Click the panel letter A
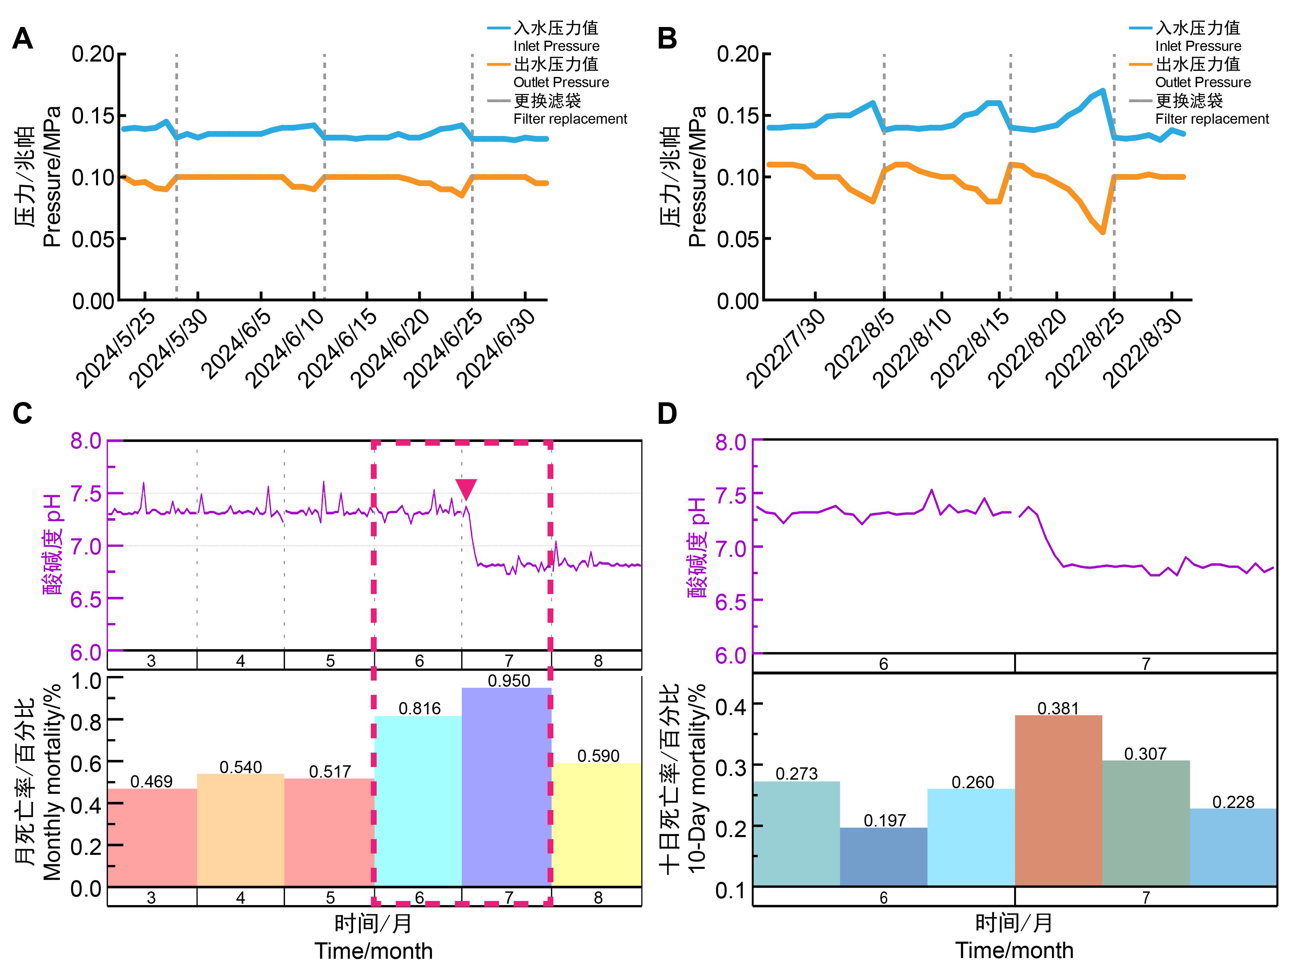22,39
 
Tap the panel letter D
667,414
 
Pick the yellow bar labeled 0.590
596,823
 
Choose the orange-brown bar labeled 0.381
1058,800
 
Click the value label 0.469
151,781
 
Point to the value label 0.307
1145,753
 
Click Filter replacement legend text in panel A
570,119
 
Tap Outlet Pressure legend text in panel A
561,82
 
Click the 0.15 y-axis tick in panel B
737,116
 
